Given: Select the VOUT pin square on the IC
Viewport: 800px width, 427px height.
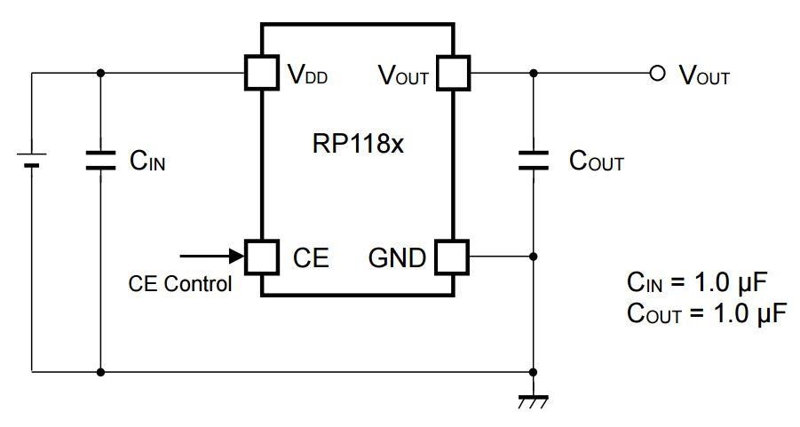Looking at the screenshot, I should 454,74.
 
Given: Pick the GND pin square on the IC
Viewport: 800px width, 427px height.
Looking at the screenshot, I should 454,257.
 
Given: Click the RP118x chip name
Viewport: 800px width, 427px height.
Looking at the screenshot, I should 358,144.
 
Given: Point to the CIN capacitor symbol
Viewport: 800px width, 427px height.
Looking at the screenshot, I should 100,160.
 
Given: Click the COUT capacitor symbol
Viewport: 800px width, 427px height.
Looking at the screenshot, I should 533,160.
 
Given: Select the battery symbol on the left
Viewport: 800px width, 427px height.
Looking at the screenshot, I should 32,160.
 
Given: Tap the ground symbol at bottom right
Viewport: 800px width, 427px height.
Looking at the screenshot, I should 533,400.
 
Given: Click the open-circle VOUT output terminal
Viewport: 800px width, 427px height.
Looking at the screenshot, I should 657,74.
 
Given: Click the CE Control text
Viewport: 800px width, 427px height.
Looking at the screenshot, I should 180,284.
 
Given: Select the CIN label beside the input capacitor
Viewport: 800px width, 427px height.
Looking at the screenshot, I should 147,161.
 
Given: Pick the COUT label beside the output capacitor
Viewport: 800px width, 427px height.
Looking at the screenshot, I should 596,162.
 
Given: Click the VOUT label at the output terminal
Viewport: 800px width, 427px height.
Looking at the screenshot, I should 704,75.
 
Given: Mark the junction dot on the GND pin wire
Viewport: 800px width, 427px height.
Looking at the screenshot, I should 533,257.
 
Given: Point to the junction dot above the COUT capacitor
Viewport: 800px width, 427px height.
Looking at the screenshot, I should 533,74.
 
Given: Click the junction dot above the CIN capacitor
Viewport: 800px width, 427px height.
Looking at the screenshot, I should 100,74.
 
